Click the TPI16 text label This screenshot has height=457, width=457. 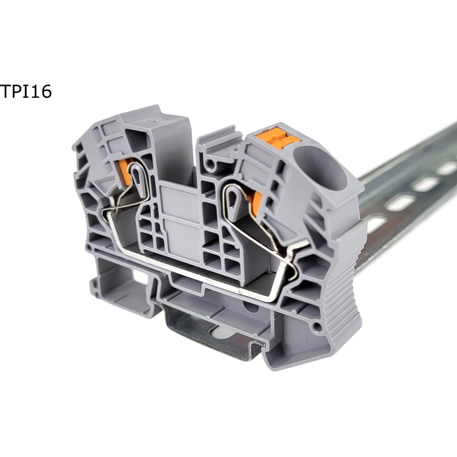pyautogui.click(x=26, y=91)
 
